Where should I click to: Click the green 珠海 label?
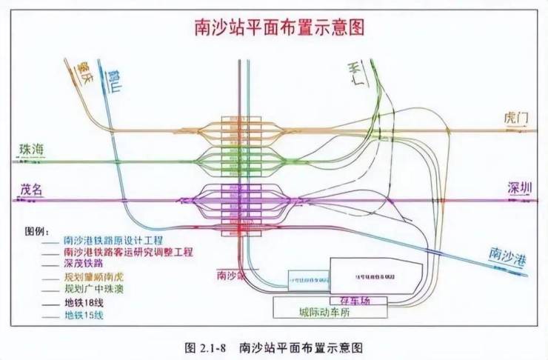coord(31,150)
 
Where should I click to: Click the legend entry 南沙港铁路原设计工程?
coord(107,240)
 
